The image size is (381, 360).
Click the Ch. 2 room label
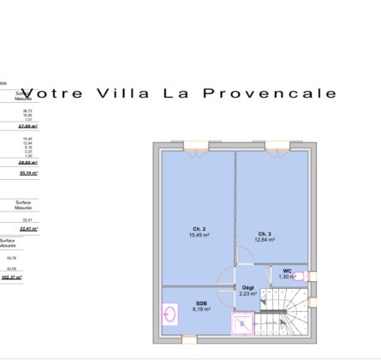198,229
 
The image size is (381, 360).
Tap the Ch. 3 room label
265,233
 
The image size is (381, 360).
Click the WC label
288,271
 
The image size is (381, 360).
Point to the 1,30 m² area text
288,277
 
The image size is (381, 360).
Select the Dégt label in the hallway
247,288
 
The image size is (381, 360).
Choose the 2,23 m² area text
247,294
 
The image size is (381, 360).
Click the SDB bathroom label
201,303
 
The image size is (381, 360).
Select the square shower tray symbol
244,325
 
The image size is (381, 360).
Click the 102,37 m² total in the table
11,277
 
